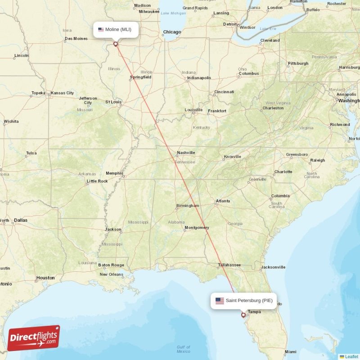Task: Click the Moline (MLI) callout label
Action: pos(116,30)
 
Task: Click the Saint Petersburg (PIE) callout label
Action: pos(243,301)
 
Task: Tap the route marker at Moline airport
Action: pos(116,44)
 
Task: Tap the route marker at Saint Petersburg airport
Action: pos(243,315)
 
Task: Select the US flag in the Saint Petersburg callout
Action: pos(220,301)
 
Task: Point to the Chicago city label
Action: pos(172,32)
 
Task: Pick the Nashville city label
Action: pos(186,153)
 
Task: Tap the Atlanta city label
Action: pos(223,201)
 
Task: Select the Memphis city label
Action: pos(114,173)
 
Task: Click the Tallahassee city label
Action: pos(229,265)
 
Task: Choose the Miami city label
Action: pos(290,351)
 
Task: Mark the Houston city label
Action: pos(45,278)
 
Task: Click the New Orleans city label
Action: pos(111,274)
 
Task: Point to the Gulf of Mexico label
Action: pos(183,349)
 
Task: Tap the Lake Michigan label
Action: pos(173,13)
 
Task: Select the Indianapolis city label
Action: pos(199,78)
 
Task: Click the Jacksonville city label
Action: pos(273,267)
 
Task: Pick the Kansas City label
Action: pos(62,93)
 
